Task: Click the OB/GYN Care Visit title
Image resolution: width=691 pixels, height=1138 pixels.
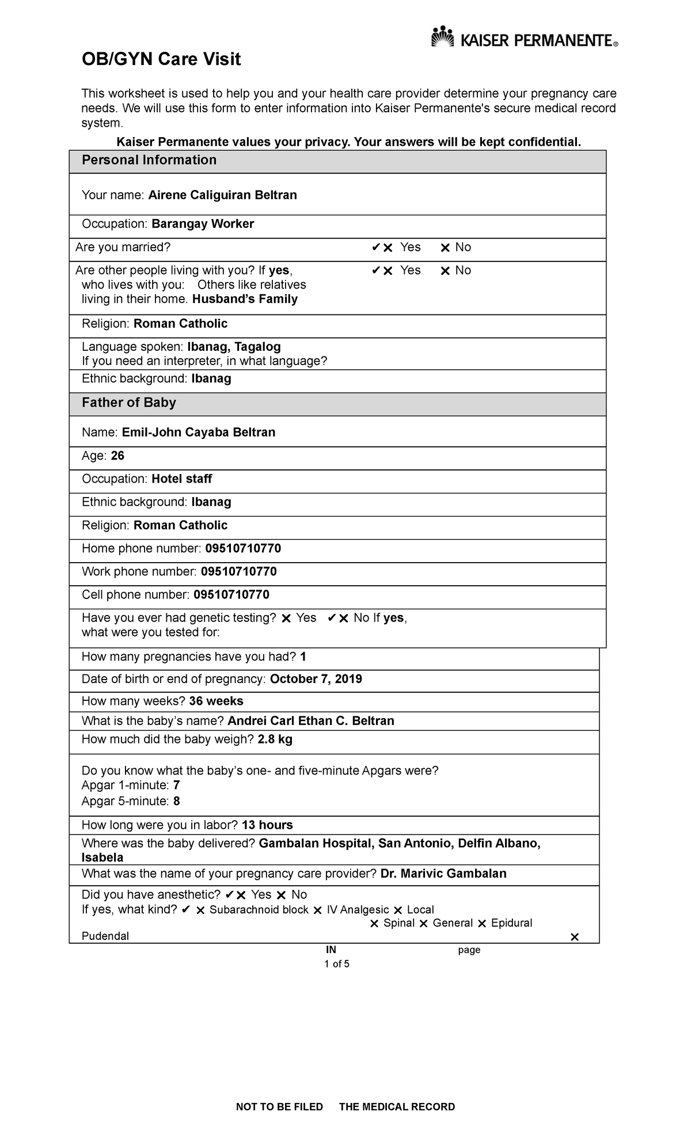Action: (161, 59)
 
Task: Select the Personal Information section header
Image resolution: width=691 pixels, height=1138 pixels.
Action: (149, 160)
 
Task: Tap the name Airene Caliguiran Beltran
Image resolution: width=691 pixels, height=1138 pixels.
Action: (222, 195)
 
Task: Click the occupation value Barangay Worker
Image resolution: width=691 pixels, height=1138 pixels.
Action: (202, 224)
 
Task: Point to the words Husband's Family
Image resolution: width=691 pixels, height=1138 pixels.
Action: (245, 299)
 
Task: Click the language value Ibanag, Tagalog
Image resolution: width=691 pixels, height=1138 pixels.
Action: (234, 347)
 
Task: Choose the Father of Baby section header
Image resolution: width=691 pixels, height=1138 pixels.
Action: (128, 403)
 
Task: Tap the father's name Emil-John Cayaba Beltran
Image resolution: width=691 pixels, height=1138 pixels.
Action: (198, 433)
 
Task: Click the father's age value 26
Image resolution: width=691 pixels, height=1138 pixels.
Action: (117, 456)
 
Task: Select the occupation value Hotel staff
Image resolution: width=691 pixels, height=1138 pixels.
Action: (181, 479)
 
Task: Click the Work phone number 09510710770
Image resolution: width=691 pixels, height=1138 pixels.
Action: (238, 572)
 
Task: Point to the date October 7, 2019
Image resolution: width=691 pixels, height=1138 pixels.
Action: (316, 679)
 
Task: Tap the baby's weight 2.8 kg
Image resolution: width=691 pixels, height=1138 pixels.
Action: (275, 739)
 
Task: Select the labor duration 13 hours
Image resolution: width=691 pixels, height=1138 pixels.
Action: (267, 825)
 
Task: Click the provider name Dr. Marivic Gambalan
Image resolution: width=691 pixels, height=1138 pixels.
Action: (443, 874)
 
